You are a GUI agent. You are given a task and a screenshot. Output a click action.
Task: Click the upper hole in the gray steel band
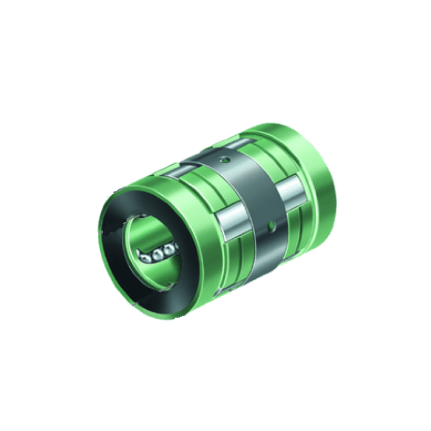(225, 159)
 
